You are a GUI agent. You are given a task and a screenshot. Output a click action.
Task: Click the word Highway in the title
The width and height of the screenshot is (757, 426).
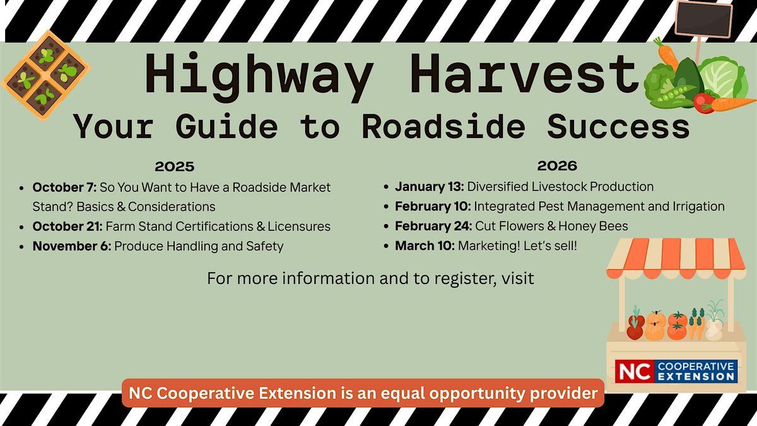(x=259, y=76)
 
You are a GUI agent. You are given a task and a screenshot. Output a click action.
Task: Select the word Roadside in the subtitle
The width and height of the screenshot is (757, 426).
(x=443, y=126)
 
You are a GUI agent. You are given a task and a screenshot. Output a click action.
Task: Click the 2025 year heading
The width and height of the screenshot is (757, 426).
(x=174, y=167)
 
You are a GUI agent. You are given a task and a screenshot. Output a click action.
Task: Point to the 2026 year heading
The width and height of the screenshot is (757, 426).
(x=557, y=165)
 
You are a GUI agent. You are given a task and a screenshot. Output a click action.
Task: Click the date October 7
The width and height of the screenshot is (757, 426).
(x=64, y=187)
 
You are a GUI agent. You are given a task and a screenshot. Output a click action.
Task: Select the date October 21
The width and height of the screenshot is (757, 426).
(x=67, y=226)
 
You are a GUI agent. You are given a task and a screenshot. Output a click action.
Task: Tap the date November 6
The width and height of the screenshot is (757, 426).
(x=72, y=246)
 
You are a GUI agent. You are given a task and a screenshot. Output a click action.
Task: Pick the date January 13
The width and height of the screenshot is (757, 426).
(x=429, y=187)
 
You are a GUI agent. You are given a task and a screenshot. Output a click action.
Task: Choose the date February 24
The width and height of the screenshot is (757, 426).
(x=433, y=226)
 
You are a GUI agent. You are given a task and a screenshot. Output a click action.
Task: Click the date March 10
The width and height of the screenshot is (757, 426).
(x=425, y=246)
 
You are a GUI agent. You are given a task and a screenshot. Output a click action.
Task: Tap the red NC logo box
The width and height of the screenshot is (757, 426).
(x=635, y=371)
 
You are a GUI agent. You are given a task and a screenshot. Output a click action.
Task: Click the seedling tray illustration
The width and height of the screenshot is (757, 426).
(x=46, y=75)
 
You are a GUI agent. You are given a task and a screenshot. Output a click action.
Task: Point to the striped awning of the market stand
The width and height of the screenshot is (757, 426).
(x=676, y=258)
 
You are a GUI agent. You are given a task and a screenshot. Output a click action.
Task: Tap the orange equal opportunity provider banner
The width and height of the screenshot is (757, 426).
(x=363, y=393)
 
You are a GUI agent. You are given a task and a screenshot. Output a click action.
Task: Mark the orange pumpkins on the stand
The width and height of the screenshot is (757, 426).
(x=655, y=326)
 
